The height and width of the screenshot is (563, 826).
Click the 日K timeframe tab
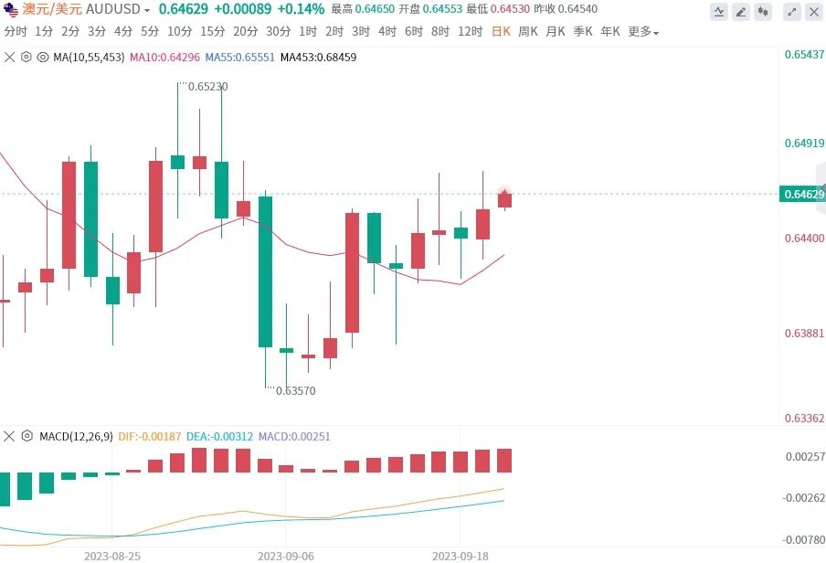[x=501, y=31]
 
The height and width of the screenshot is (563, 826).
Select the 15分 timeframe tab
[x=212, y=31]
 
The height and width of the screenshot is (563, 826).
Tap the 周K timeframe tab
[x=528, y=31]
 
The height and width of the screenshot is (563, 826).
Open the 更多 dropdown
[x=642, y=31]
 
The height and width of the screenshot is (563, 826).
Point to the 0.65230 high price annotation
[x=208, y=87]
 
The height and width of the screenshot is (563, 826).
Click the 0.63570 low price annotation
[x=295, y=390]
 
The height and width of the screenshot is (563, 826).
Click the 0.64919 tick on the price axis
[x=804, y=143]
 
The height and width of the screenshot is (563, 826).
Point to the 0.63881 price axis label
[x=804, y=334]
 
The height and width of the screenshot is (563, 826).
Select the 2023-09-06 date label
[x=285, y=555]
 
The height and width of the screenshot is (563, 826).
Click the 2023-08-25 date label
[x=111, y=555]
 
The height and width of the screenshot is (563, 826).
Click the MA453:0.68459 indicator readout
[x=318, y=57]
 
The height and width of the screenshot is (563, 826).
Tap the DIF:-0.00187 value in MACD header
[x=150, y=437]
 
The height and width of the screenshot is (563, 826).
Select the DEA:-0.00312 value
[x=220, y=437]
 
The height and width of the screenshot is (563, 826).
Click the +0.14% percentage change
[x=301, y=9]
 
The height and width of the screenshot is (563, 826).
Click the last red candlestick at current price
[x=504, y=199]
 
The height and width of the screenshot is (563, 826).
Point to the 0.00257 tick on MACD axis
[x=804, y=456]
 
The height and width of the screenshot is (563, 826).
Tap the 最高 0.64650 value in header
[x=362, y=9]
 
